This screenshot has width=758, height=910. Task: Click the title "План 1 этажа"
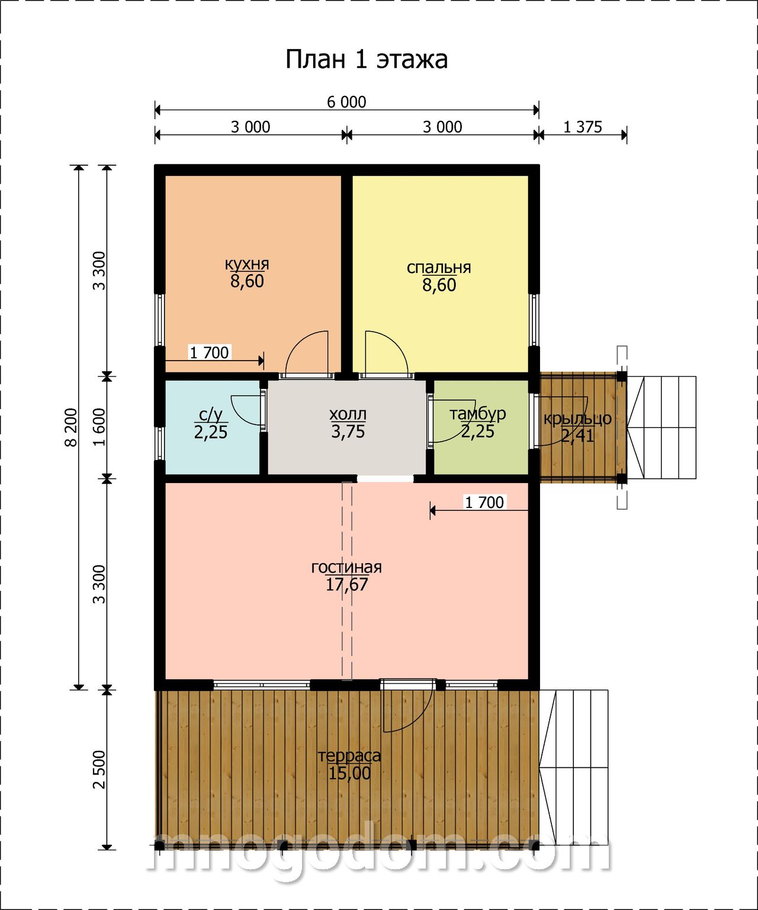pos(366,60)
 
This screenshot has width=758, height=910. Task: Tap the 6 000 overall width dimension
pos(346,102)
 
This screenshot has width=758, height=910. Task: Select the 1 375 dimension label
pos(582,127)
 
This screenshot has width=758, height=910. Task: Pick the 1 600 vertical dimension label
pos(99,427)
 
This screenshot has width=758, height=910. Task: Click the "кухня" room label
pos(247,263)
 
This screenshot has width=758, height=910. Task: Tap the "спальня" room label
pos(438,267)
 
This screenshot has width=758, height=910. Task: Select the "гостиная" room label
pos(346,567)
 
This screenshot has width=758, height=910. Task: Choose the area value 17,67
pos(347,584)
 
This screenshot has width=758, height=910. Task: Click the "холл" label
pos(348,414)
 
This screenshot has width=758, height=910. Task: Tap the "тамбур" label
pos(478,414)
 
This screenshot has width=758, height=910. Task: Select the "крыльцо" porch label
pos(577,419)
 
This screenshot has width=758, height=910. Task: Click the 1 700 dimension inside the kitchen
pos(209,352)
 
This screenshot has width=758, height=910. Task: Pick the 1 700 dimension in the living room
pos(484,503)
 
